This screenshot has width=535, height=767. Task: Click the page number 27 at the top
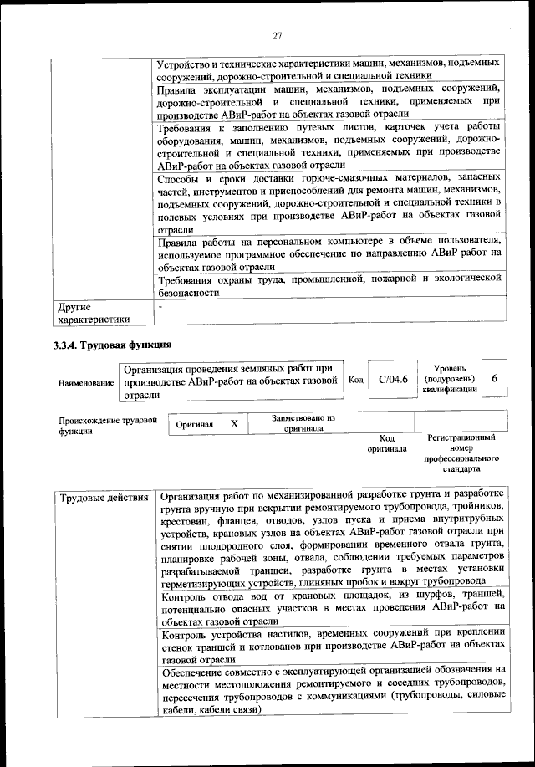[x=278, y=35]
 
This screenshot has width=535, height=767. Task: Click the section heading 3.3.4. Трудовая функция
[x=112, y=344]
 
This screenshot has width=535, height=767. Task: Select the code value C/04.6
[x=392, y=380]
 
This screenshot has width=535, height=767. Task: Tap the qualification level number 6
[x=495, y=379]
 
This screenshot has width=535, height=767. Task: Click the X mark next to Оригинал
[x=234, y=424]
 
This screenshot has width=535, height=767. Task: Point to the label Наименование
[x=86, y=382]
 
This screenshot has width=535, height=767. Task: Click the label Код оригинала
[x=386, y=443]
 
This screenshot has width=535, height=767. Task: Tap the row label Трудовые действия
[x=104, y=499]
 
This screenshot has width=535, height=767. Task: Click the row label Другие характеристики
[x=92, y=313]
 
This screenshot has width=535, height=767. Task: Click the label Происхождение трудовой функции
[x=107, y=425]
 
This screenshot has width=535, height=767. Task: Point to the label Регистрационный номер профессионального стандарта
[x=461, y=453]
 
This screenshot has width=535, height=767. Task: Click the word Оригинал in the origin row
[x=195, y=425]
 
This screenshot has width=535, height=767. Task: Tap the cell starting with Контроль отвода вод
[x=332, y=608]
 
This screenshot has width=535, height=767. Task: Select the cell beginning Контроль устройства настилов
[x=332, y=645]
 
